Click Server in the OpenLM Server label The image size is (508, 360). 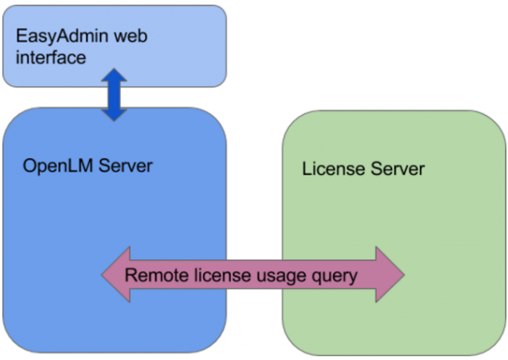[125, 165]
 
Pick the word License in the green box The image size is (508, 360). [332, 169]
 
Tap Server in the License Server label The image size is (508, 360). [396, 169]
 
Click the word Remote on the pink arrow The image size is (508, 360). [152, 274]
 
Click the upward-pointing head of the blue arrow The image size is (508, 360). [114, 77]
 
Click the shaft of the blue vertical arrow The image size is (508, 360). [114, 95]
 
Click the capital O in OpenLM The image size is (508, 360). [29, 165]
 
